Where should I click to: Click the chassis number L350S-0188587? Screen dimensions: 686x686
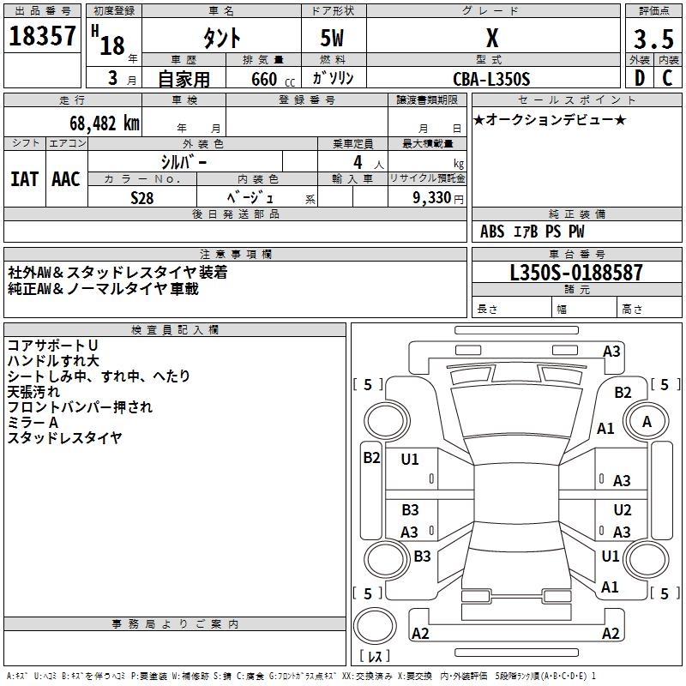tap(575, 274)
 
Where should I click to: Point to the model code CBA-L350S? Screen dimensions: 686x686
tap(491, 79)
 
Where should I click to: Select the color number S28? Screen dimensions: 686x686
tap(142, 196)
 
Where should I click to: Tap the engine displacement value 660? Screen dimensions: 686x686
tap(264, 79)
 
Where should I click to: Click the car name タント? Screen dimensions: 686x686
tap(221, 39)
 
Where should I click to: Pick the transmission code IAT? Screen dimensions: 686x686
tap(24, 179)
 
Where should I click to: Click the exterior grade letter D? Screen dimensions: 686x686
tap(640, 78)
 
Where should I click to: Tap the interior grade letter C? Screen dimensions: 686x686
tap(667, 78)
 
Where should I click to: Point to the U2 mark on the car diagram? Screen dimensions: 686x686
tap(623, 510)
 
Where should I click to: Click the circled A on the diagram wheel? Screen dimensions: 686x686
tap(647, 422)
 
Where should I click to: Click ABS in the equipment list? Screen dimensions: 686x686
tap(492, 232)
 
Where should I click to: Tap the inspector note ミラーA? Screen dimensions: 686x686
tap(33, 423)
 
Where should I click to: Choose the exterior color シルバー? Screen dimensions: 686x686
tap(184, 161)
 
